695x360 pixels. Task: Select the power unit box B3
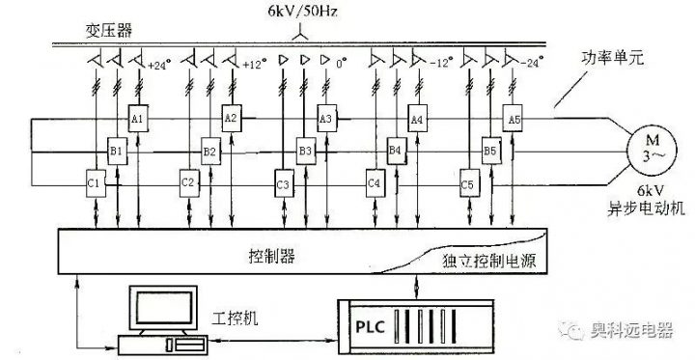(x=305, y=152)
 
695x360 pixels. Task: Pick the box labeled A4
(x=417, y=119)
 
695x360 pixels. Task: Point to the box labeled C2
(x=188, y=182)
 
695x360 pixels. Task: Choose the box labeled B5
(x=490, y=152)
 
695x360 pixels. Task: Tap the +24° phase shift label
(x=159, y=67)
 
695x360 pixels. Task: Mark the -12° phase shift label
(x=442, y=67)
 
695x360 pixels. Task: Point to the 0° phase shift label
(x=341, y=67)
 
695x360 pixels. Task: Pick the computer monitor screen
(x=161, y=309)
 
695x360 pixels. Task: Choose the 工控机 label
(x=229, y=318)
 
